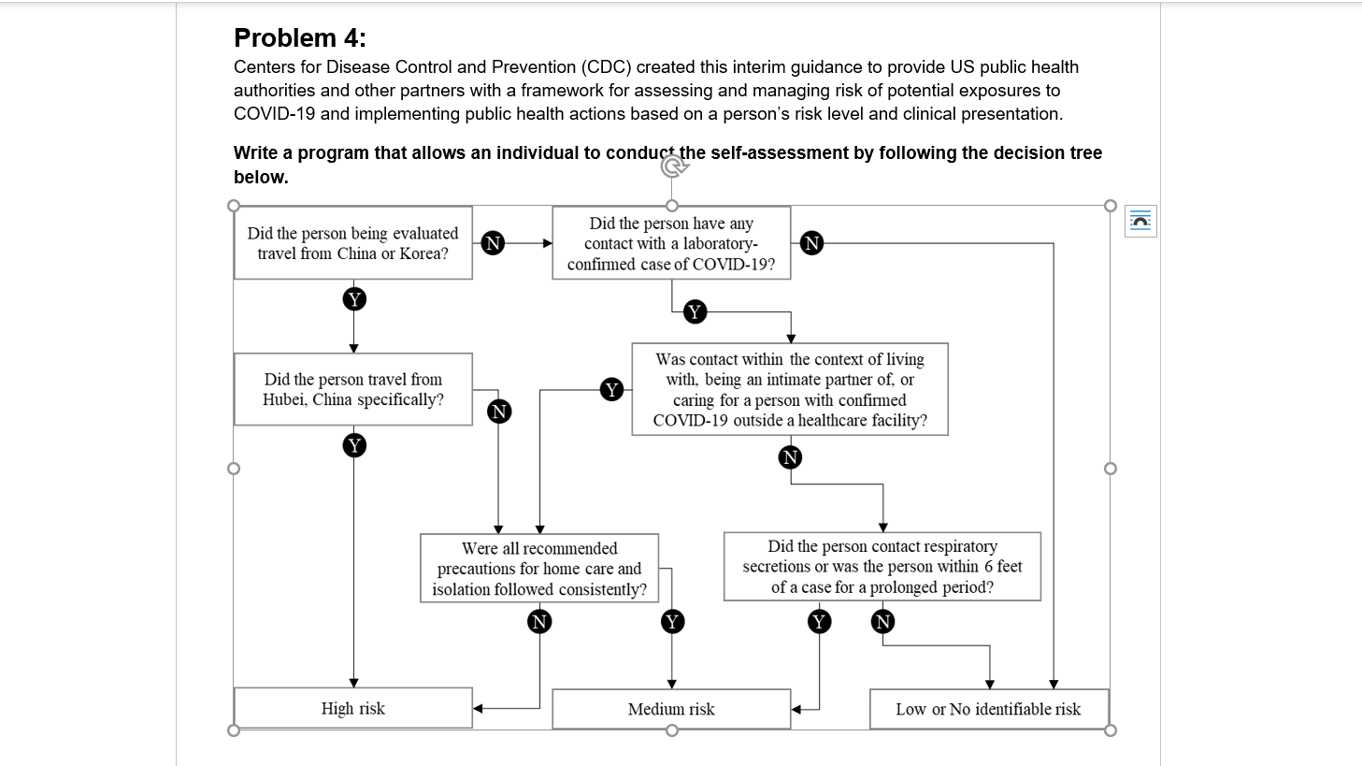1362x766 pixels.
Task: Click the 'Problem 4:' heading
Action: click(x=300, y=38)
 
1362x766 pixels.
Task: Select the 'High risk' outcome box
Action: click(x=352, y=708)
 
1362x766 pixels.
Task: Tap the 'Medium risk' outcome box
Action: click(x=671, y=709)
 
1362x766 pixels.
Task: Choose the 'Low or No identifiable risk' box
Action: click(x=988, y=709)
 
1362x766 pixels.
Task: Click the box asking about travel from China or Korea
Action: click(x=352, y=243)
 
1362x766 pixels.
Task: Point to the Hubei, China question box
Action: click(x=352, y=389)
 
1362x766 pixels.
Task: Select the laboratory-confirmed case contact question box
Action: click(x=671, y=243)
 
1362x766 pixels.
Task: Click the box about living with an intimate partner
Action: click(x=790, y=389)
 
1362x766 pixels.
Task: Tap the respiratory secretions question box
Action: click(x=882, y=567)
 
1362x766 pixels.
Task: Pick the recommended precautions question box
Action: click(x=539, y=569)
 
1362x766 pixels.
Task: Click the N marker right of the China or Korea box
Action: click(x=493, y=243)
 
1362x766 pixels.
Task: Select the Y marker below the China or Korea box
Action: click(x=353, y=299)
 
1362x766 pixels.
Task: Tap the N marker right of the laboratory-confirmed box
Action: click(x=812, y=243)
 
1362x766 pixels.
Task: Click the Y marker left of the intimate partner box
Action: click(x=611, y=390)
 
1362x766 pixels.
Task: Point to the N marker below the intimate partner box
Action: click(x=791, y=457)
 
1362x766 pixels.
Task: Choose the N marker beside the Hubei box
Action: click(x=499, y=412)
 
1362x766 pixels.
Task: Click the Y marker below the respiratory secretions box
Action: click(x=820, y=622)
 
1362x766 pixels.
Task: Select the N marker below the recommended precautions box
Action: click(x=539, y=622)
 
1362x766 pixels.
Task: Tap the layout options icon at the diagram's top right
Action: click(x=1140, y=221)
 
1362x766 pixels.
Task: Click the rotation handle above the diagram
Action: click(x=671, y=166)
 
